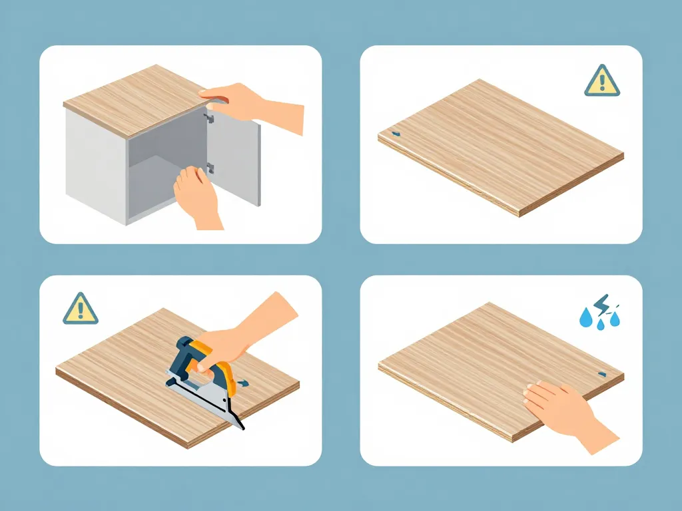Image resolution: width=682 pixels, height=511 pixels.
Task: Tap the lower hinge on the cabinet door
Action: click(210, 168)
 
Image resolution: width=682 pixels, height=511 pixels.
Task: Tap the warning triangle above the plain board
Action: click(602, 82)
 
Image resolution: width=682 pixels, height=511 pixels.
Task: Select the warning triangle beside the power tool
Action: click(81, 309)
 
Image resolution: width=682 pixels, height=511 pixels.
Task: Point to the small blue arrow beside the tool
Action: click(244, 383)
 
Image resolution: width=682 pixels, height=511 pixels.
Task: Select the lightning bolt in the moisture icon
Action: click(601, 303)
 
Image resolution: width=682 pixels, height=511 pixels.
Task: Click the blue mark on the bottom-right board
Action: click(602, 375)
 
